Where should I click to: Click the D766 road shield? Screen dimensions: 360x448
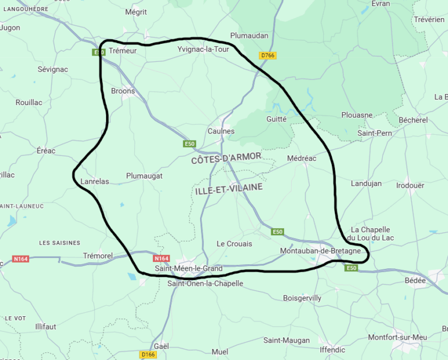point(268,55)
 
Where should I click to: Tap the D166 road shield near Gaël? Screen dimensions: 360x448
point(149,354)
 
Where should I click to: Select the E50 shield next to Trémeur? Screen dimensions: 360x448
point(99,53)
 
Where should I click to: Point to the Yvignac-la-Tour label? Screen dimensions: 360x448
point(204,50)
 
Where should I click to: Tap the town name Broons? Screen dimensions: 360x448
point(123,91)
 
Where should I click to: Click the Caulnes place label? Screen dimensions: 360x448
point(221,131)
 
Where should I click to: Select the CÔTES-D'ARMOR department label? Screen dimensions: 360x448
point(226,158)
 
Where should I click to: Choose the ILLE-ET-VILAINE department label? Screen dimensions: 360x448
point(229,189)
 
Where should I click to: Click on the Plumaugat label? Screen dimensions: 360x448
point(144,176)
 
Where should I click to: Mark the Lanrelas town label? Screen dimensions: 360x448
point(94,181)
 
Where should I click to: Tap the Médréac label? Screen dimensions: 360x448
point(302,158)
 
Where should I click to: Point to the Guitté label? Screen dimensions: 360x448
point(276,119)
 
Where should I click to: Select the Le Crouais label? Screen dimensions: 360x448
point(235,243)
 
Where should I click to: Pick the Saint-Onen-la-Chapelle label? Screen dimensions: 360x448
point(205,284)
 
